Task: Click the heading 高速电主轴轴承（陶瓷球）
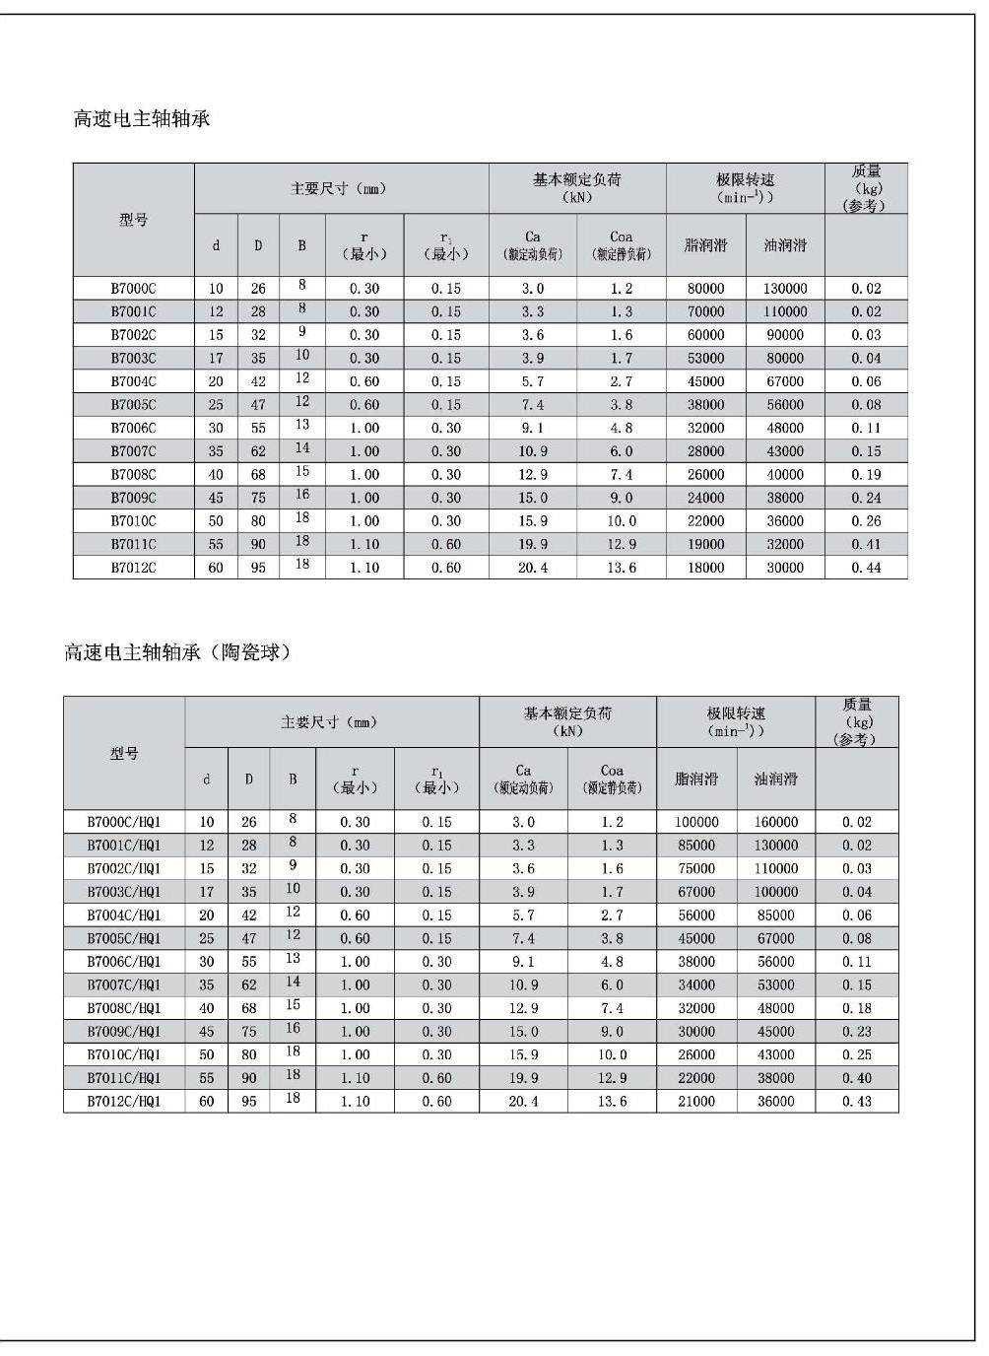point(178,652)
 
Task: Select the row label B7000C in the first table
point(133,289)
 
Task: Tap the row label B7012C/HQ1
point(124,1102)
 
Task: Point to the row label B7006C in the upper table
point(133,428)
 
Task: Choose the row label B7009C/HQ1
point(124,1032)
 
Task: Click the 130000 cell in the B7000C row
point(785,289)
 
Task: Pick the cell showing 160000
point(776,822)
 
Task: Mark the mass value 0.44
point(866,568)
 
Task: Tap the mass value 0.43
point(857,1102)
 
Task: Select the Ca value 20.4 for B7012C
point(533,568)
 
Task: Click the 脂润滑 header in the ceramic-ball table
point(696,779)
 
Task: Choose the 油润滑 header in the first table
point(785,245)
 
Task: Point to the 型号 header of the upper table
point(134,220)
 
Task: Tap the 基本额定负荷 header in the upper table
point(577,187)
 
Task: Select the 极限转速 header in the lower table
point(736,721)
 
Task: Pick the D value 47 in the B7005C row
point(258,405)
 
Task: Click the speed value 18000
point(705,568)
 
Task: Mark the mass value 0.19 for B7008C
point(866,475)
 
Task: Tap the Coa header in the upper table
point(622,244)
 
